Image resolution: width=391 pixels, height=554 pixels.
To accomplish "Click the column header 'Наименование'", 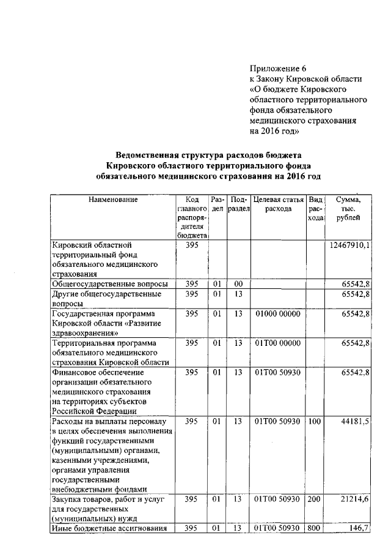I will pos(113,199).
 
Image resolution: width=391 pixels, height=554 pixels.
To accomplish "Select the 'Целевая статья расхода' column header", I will pos(279,204).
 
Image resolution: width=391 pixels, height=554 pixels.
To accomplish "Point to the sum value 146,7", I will pos(359,528).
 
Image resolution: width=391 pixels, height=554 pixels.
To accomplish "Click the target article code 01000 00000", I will pos(278,313).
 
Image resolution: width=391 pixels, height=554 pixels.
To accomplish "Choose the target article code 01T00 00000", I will pos(278,343).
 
